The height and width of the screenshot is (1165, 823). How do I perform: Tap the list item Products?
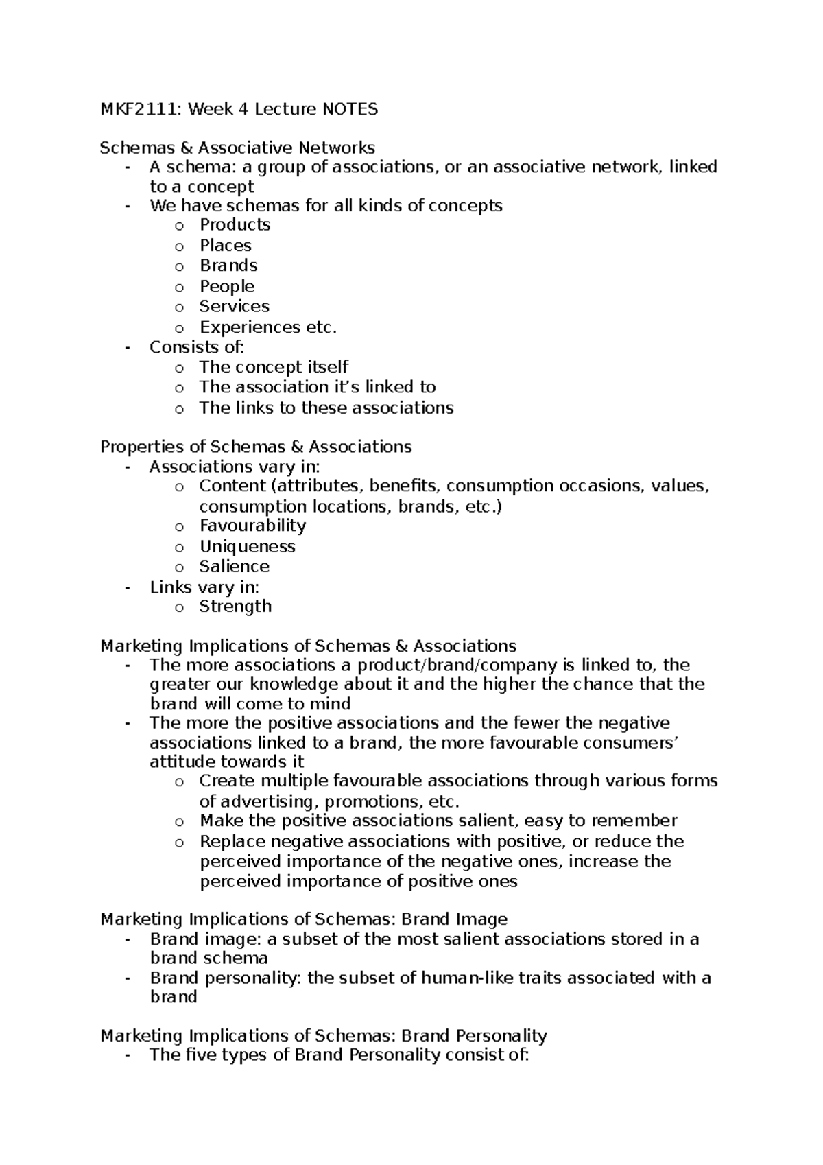pos(235,224)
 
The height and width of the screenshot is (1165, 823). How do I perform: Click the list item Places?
pos(225,245)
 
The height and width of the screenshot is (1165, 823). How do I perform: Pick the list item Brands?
pos(228,265)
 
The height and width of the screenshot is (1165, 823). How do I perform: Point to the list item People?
pos(227,285)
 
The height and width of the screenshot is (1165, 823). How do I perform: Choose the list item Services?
pos(234,306)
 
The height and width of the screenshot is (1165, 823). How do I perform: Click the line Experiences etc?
pos(268,327)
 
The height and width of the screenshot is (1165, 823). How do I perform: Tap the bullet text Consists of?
pos(197,346)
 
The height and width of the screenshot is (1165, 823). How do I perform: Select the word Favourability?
pos(252,526)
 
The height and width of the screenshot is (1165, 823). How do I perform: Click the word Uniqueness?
pos(247,546)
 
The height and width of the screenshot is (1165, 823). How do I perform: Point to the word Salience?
pos(234,566)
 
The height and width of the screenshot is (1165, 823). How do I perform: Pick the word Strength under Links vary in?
pos(235,606)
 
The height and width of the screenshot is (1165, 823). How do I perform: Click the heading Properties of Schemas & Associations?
pos(256,447)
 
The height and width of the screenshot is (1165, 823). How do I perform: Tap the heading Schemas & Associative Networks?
pos(237,148)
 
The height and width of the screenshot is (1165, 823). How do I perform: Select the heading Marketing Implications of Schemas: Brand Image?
pos(304,919)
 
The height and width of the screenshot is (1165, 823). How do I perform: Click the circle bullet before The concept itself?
pos(179,368)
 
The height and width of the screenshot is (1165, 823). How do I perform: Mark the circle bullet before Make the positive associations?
pos(179,822)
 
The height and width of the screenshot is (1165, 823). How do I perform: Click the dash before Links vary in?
pos(127,587)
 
